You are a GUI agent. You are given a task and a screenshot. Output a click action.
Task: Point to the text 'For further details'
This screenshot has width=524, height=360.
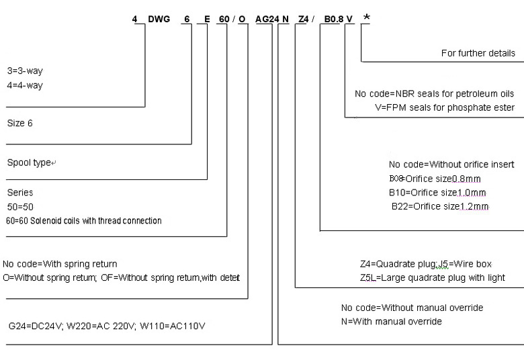478,53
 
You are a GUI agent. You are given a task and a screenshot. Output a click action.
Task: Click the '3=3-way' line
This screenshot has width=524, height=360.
26,71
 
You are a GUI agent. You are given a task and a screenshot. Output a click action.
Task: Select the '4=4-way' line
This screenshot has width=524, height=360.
26,85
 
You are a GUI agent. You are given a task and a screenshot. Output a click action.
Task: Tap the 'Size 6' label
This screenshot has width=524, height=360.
19,124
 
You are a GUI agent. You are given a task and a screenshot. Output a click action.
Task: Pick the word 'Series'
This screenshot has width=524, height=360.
19,192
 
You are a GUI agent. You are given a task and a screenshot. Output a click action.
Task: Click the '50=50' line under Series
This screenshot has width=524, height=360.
19,206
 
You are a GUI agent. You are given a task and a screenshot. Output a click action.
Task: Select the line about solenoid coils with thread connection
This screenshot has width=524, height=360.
83,220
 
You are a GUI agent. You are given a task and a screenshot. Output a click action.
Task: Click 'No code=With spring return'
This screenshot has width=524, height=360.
64,264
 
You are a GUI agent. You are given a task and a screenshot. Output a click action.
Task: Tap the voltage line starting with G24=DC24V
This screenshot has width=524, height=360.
107,326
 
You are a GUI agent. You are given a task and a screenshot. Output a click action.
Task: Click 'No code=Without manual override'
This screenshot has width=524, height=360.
412,308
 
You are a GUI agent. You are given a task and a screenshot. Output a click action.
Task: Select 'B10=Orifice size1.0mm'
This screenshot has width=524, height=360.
435,192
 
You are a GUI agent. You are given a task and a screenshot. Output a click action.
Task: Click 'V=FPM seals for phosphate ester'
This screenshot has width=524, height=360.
445,107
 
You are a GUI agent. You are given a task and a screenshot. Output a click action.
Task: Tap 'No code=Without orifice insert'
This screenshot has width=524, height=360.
451,165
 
